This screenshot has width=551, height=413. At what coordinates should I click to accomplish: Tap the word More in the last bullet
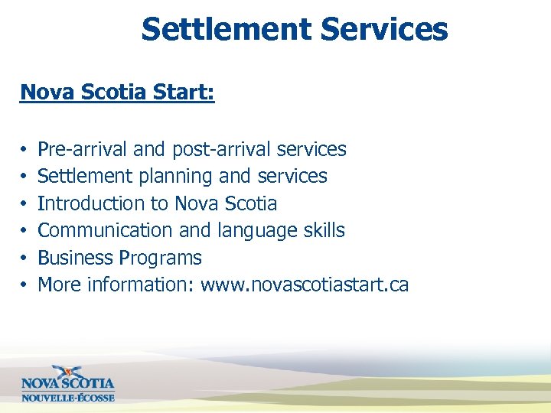pos(60,285)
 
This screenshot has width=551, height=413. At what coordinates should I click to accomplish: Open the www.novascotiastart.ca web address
pos(305,285)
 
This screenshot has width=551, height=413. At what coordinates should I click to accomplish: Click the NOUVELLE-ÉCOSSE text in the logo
pos(68,397)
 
